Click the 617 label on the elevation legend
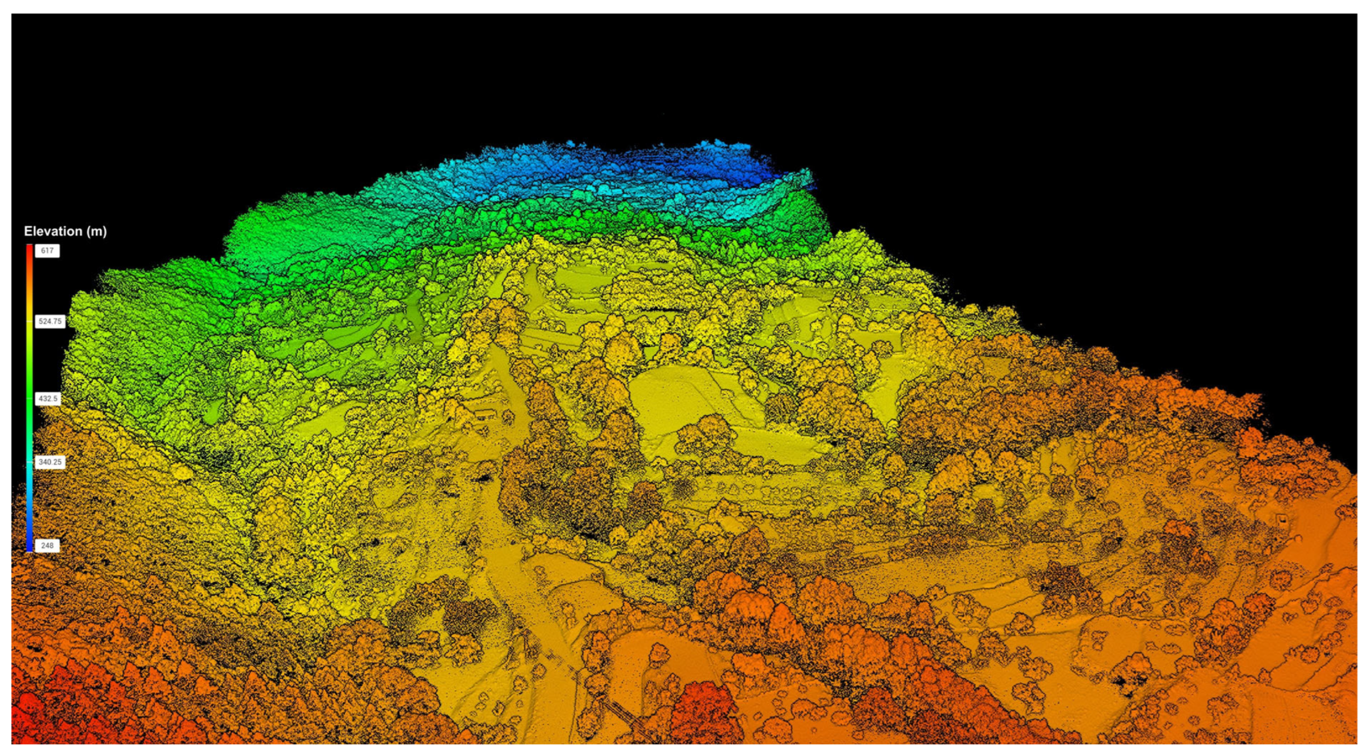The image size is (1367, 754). (47, 251)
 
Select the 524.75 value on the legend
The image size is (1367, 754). (50, 321)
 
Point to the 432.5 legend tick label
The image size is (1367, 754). (48, 398)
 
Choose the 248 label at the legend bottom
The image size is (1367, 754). (47, 545)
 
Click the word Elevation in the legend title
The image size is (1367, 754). (52, 231)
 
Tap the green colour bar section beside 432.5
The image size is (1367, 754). (29, 398)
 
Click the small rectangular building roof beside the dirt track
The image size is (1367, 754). (482, 414)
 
